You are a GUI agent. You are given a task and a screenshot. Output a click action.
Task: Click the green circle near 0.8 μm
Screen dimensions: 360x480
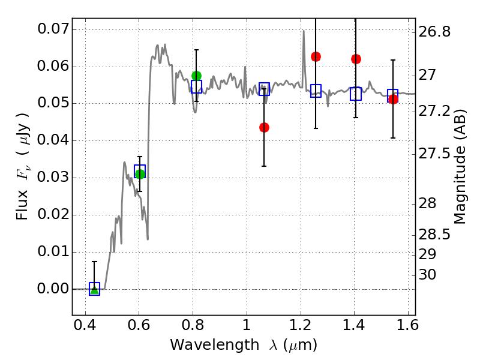pos(196,76)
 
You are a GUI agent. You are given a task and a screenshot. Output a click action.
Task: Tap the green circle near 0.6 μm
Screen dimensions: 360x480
pos(140,174)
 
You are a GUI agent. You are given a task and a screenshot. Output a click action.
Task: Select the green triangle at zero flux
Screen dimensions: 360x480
pos(94,289)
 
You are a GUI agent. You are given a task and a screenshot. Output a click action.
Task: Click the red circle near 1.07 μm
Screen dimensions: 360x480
pos(264,127)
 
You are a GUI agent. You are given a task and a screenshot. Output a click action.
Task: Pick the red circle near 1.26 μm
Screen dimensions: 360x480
pos(316,56)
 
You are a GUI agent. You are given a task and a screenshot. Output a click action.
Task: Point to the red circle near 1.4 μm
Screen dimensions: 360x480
pos(356,59)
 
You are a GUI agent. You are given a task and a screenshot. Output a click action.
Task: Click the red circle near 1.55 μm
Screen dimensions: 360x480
pos(393,99)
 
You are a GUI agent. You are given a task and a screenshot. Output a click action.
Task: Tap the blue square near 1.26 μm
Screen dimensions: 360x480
pos(316,91)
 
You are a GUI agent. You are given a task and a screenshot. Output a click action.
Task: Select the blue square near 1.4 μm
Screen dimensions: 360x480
pos(356,94)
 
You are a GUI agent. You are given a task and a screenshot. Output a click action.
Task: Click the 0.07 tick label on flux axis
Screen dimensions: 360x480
pos(53,29)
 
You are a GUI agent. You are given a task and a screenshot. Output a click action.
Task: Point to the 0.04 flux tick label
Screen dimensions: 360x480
pos(53,141)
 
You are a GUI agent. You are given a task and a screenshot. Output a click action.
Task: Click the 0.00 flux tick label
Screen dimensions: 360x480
pos(53,289)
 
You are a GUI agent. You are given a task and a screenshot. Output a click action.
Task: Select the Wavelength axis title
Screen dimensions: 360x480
pos(243,345)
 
